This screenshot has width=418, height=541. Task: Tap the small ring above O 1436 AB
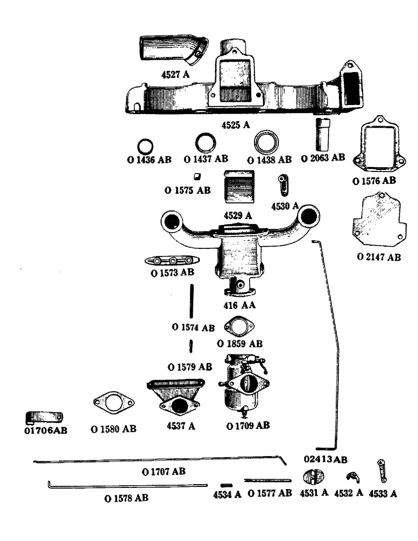[x=145, y=147]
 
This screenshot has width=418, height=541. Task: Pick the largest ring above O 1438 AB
[x=268, y=143]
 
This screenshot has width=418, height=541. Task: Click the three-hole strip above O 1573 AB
[x=170, y=260]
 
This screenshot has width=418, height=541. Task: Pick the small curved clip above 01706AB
[x=45, y=417]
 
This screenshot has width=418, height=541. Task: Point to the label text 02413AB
[x=325, y=459]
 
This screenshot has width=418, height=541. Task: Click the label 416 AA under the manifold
[x=239, y=305]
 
